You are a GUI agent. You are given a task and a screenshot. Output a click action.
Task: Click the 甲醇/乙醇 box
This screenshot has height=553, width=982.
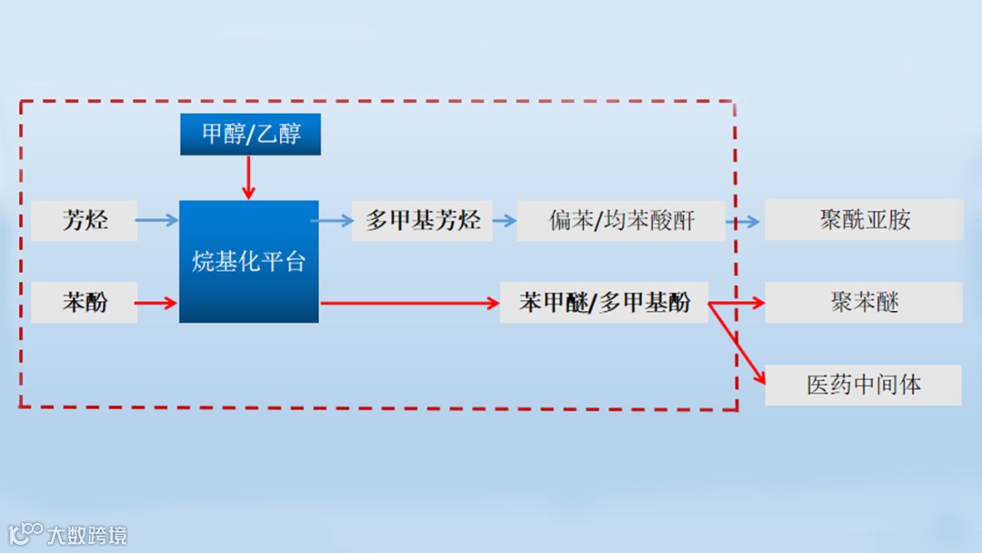click(x=250, y=135)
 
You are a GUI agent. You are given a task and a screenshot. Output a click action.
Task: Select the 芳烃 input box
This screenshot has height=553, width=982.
click(x=84, y=220)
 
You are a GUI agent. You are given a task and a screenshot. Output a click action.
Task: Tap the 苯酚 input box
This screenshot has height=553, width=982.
click(x=84, y=302)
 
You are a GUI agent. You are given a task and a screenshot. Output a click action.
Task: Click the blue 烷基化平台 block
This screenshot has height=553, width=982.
click(x=248, y=262)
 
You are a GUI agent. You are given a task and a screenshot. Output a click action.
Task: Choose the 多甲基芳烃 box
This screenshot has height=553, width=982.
click(x=422, y=220)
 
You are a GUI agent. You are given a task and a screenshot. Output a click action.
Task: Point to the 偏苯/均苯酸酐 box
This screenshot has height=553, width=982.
click(x=621, y=220)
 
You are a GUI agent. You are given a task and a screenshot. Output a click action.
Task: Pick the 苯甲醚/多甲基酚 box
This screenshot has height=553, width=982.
click(x=604, y=302)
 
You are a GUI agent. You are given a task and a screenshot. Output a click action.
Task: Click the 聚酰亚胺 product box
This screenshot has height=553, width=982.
click(x=863, y=220)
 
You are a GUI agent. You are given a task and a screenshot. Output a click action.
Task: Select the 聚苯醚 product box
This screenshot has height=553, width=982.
click(x=863, y=302)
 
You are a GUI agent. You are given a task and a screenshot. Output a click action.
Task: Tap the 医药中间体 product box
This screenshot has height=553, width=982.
click(x=863, y=385)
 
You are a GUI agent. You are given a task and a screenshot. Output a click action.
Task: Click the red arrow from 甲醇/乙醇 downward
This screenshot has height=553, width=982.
click(x=248, y=177)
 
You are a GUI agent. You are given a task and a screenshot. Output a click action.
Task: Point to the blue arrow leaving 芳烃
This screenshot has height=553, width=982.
click(x=157, y=220)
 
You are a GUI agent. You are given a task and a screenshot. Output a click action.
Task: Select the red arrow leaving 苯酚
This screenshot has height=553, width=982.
click(x=157, y=303)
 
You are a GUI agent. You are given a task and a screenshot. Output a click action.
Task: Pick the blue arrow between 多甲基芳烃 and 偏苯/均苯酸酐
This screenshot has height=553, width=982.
click(x=505, y=220)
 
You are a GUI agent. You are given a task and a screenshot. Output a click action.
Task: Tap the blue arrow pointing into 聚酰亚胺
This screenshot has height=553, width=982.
click(x=744, y=221)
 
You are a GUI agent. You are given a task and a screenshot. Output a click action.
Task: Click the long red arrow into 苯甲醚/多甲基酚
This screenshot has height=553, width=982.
click(x=409, y=303)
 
